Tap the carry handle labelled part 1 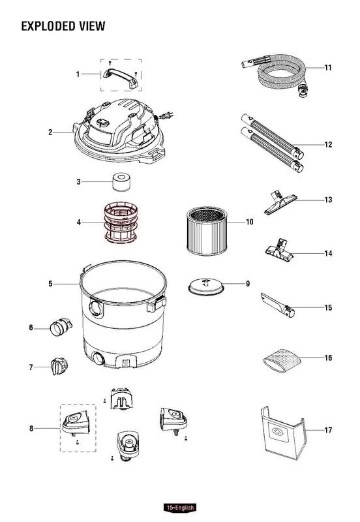120,78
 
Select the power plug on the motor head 166,115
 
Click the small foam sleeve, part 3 121,182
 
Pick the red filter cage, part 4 121,222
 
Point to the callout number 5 50,284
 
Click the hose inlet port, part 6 61,328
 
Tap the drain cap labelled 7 59,366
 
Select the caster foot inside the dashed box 76,423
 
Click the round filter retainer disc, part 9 206,287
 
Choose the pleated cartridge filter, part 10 207,231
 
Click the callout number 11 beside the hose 328,68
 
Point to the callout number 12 328,144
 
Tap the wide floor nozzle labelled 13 280,202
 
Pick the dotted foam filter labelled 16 282,361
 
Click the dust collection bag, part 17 284,433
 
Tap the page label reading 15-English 180,508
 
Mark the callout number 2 50,132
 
